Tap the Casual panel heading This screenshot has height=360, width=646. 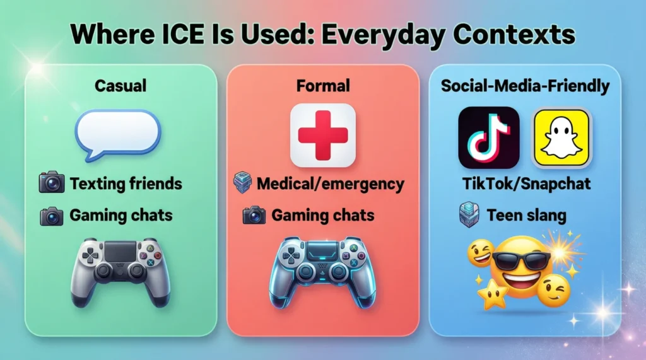pyautogui.click(x=120, y=86)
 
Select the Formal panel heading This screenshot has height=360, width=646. pyautogui.click(x=323, y=86)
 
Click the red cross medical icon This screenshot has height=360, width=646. pyautogui.click(x=322, y=135)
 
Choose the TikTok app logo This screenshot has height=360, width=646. pyautogui.click(x=488, y=137)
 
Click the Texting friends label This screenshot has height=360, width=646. pyautogui.click(x=126, y=184)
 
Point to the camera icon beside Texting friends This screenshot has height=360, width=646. pyautogui.click(x=52, y=184)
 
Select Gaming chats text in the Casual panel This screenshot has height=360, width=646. pyautogui.click(x=121, y=216)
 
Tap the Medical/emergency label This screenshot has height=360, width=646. pyautogui.click(x=330, y=184)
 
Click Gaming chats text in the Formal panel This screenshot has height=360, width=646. pyautogui.click(x=323, y=216)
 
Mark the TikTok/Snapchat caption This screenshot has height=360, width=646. pyautogui.click(x=525, y=183)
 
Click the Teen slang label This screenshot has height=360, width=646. pyautogui.click(x=526, y=216)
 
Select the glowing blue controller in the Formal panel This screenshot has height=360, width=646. pyautogui.click(x=322, y=271)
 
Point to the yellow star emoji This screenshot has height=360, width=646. pyautogui.click(x=493, y=293)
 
